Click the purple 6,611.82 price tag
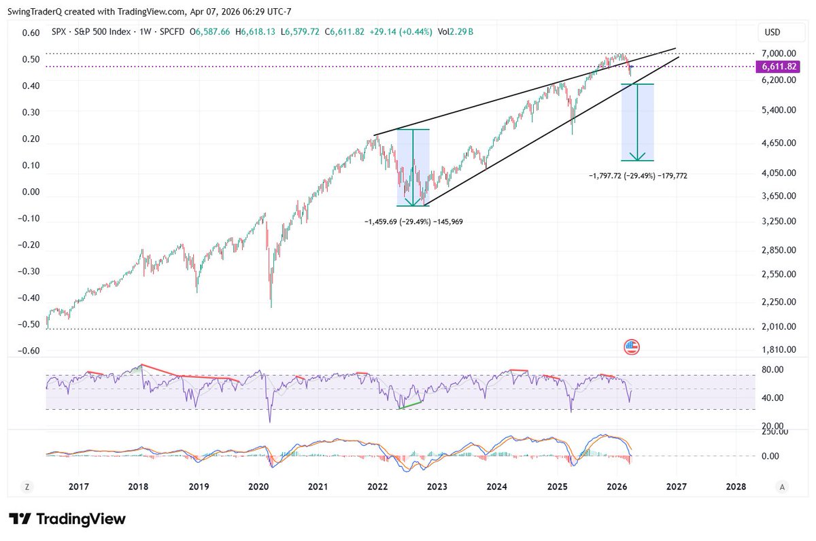(x=776, y=67)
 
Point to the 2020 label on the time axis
(x=258, y=487)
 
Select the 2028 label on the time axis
(x=736, y=487)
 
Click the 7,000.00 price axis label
(x=778, y=53)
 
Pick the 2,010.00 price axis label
(x=778, y=327)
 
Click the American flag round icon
(x=632, y=347)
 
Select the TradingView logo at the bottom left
(x=67, y=519)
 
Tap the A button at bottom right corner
(x=783, y=487)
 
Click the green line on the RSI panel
(x=410, y=404)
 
